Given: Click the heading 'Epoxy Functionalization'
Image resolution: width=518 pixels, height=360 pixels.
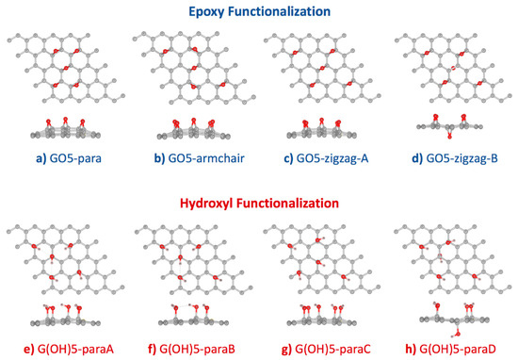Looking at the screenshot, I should click(x=258, y=12).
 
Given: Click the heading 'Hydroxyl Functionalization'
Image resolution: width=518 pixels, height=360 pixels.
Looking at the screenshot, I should click(x=258, y=203).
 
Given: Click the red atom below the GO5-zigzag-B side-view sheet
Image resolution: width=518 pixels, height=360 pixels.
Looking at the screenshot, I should click(x=449, y=137).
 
